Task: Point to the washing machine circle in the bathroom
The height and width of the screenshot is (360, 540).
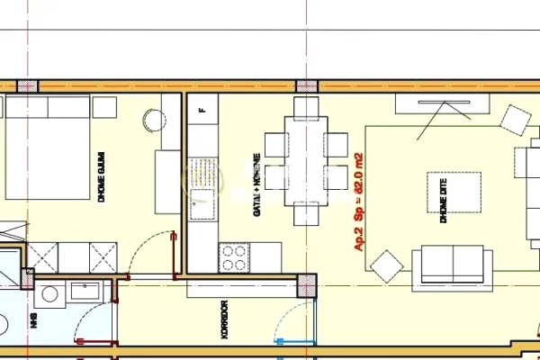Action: pyautogui.click(x=50, y=293)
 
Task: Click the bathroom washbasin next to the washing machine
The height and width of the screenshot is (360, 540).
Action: pyautogui.click(x=86, y=292)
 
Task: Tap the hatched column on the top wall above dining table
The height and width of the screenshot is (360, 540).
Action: pyautogui.click(x=308, y=86)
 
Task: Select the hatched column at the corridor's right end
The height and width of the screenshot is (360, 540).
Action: pyautogui.click(x=308, y=285)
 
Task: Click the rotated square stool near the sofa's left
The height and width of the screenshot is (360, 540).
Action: pyautogui.click(x=388, y=265)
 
